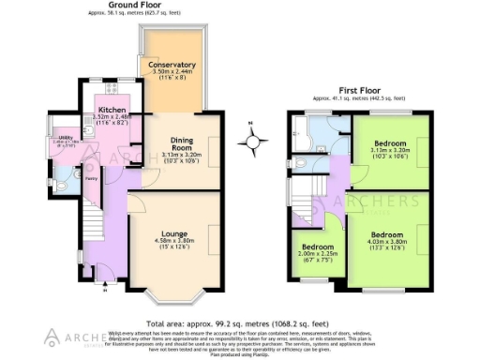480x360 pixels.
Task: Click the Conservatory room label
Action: (171, 65)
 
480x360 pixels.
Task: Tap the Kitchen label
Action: (112, 110)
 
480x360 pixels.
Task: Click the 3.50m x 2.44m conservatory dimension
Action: (171, 72)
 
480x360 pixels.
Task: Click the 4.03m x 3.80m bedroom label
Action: (385, 242)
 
